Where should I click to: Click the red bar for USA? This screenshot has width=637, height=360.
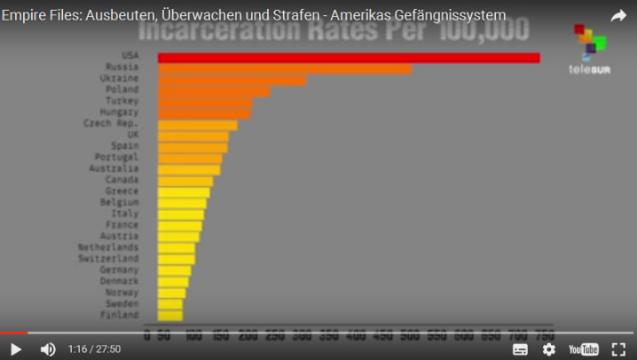[349, 58]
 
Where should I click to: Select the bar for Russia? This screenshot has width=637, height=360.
[285, 68]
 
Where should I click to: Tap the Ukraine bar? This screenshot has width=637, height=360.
[232, 80]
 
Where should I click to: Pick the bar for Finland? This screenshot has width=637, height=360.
[170, 315]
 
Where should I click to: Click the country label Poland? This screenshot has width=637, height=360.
[122, 90]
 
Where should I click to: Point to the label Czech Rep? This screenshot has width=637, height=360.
[111, 123]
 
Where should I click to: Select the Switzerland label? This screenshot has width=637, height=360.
[108, 259]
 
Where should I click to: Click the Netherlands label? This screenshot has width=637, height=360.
[108, 247]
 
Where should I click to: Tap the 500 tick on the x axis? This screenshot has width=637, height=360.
[411, 335]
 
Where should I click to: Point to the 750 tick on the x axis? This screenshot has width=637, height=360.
[543, 335]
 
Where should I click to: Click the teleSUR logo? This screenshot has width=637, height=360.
[589, 51]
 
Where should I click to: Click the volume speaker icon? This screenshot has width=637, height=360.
[48, 349]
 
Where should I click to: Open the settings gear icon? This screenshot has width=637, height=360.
[549, 349]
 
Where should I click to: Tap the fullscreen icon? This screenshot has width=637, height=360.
[618, 349]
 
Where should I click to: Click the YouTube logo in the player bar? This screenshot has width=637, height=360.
[583, 349]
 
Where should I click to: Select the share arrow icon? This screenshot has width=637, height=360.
[617, 16]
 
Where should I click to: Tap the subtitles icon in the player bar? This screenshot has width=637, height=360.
[520, 349]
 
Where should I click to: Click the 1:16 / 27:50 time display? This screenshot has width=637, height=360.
[94, 349]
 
